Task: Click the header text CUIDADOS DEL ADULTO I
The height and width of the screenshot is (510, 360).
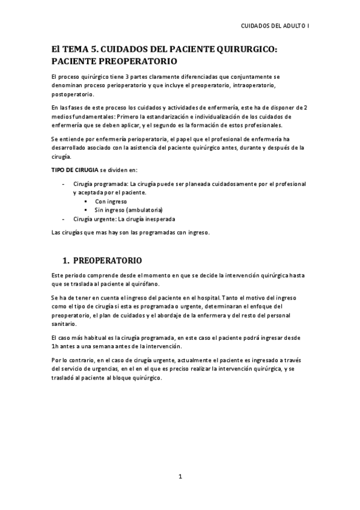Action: pyautogui.click(x=274, y=27)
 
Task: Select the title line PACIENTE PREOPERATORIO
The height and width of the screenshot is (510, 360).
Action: pyautogui.click(x=114, y=62)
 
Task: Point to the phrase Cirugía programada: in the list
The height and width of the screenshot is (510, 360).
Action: pyautogui.click(x=100, y=183)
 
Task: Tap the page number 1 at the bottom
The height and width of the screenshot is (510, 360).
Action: pyautogui.click(x=180, y=478)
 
